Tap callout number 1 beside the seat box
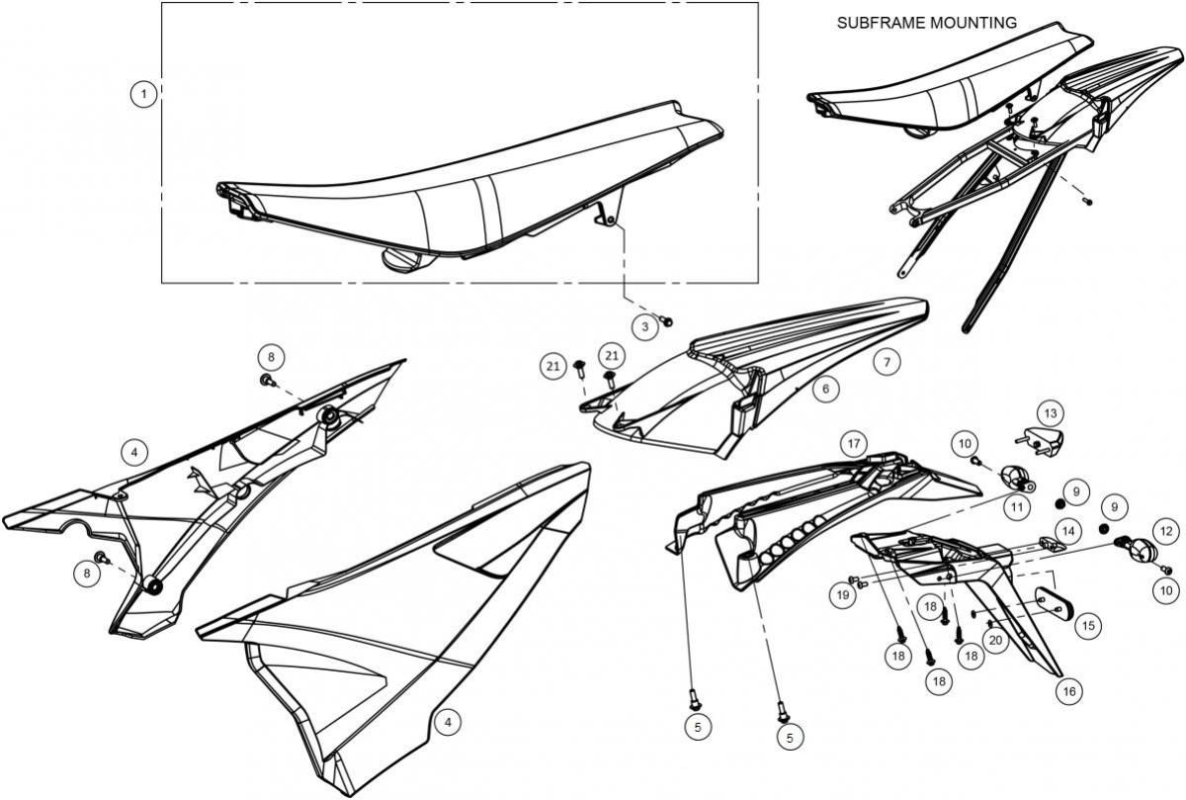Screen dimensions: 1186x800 pos(143,94)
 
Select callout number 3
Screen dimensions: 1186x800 pos(644,326)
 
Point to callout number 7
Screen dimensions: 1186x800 pos(887,362)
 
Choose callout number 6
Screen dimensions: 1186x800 pos(826,390)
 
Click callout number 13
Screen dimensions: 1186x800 pos(1051,413)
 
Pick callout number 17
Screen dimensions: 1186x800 pos(854,443)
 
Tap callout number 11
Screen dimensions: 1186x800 pos(1017,507)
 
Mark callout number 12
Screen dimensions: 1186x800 pos(1166,531)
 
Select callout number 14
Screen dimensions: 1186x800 pos(1068,531)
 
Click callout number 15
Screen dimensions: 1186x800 pos(1088,626)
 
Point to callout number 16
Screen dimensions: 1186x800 pos(1069,691)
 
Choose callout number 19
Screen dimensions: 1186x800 pos(843,595)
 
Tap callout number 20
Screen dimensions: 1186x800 pos(996,641)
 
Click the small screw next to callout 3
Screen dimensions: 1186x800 pos(667,320)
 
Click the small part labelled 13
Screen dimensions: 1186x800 pos(1040,442)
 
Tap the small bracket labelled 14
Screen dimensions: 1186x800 pos(1051,544)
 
